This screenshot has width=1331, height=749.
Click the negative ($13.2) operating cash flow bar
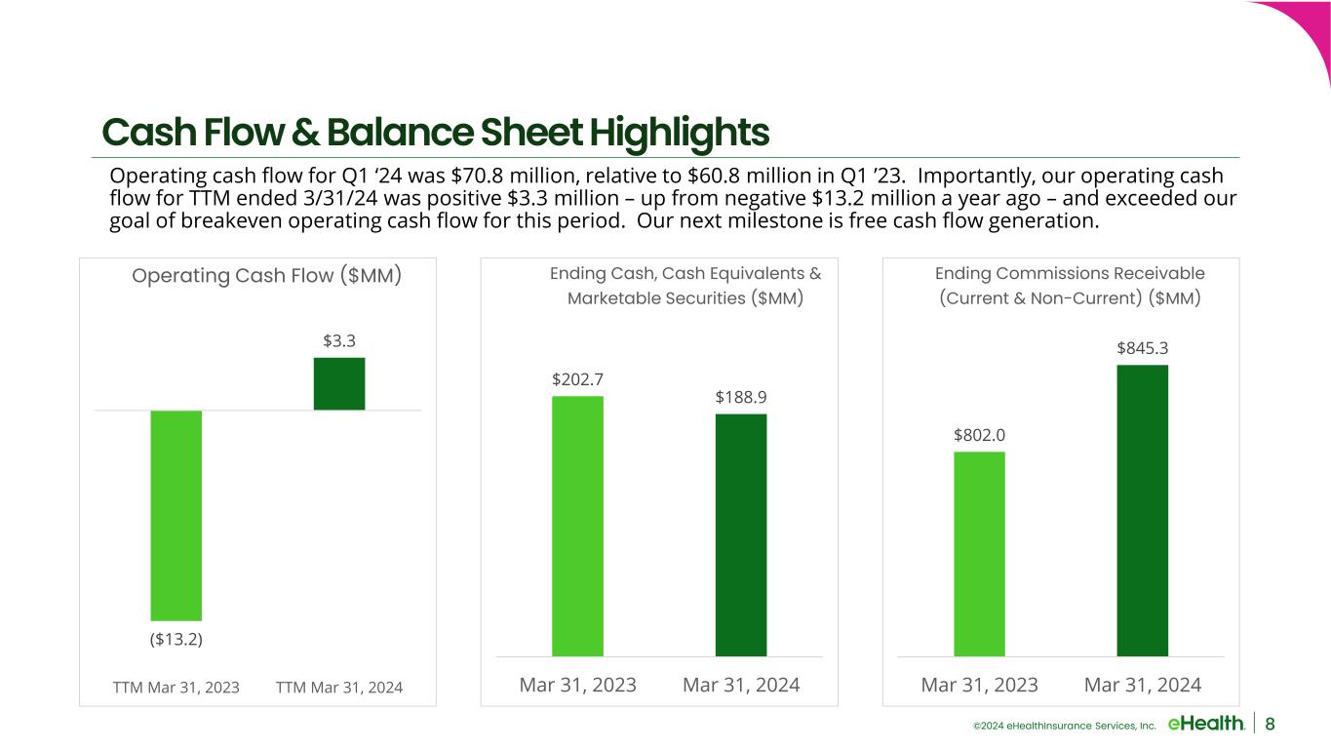pyautogui.click(x=176, y=515)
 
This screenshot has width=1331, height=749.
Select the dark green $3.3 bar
pyautogui.click(x=339, y=383)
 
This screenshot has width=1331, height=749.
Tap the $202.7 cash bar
pyautogui.click(x=577, y=526)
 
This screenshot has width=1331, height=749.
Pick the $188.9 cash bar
pyautogui.click(x=741, y=534)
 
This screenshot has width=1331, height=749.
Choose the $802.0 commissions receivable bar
pyautogui.click(x=979, y=553)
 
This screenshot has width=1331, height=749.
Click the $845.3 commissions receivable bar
pyautogui.click(x=1143, y=510)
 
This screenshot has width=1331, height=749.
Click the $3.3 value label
pyautogui.click(x=339, y=341)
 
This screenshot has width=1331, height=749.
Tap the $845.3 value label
pyautogui.click(x=1143, y=348)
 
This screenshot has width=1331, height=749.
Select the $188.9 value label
pyautogui.click(x=741, y=397)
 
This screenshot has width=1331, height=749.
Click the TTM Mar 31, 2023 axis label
pyautogui.click(x=176, y=688)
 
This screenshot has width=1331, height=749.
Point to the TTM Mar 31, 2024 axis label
pyautogui.click(x=339, y=688)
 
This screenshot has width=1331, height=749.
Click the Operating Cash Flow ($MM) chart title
pyautogui.click(x=267, y=276)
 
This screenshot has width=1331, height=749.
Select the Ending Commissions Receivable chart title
pyautogui.click(x=1070, y=285)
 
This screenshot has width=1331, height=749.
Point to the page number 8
pyautogui.click(x=1271, y=724)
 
